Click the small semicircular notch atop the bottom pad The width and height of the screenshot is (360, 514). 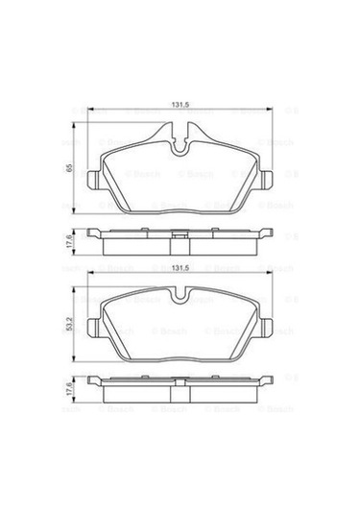pos(180,294)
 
